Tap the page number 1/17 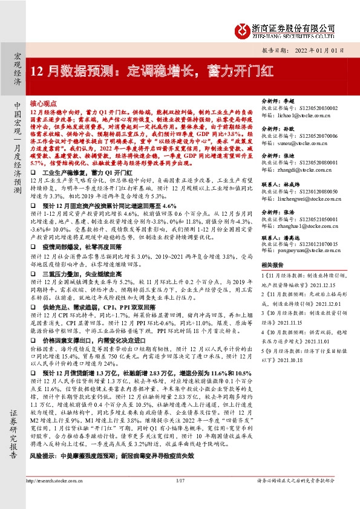pyautogui.click(x=179, y=498)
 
